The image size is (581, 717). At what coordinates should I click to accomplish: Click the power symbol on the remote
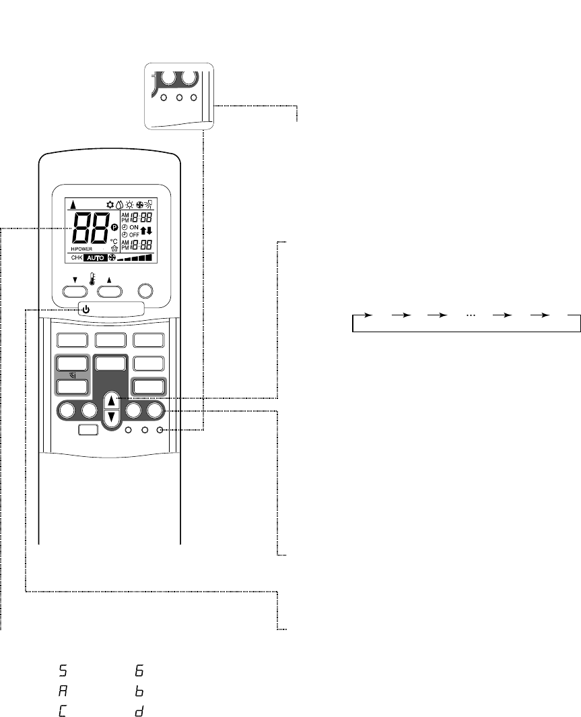[88, 309]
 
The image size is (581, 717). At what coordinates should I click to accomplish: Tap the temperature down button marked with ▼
[75, 290]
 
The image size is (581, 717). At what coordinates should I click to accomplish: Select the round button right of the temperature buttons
[146, 290]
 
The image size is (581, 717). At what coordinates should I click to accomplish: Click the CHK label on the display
[76, 258]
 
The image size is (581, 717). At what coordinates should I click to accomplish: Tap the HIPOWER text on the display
[81, 249]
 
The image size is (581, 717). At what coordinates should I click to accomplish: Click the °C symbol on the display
[114, 241]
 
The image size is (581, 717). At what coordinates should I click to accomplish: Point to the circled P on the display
[114, 228]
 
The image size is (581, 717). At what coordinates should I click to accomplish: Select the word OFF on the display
[134, 235]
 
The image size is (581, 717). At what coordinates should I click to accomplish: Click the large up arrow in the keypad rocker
[112, 403]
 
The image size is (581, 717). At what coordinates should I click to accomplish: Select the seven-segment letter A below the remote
[63, 691]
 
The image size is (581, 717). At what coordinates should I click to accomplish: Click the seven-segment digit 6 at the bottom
[139, 671]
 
